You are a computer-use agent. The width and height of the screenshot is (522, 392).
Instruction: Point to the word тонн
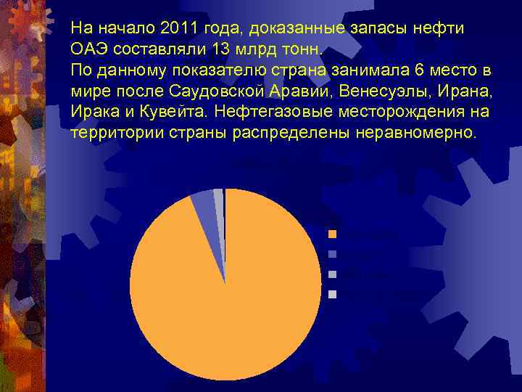click(297, 49)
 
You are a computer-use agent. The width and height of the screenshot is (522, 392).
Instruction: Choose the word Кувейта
click(172, 113)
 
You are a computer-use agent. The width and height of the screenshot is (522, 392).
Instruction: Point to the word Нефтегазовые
click(274, 113)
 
